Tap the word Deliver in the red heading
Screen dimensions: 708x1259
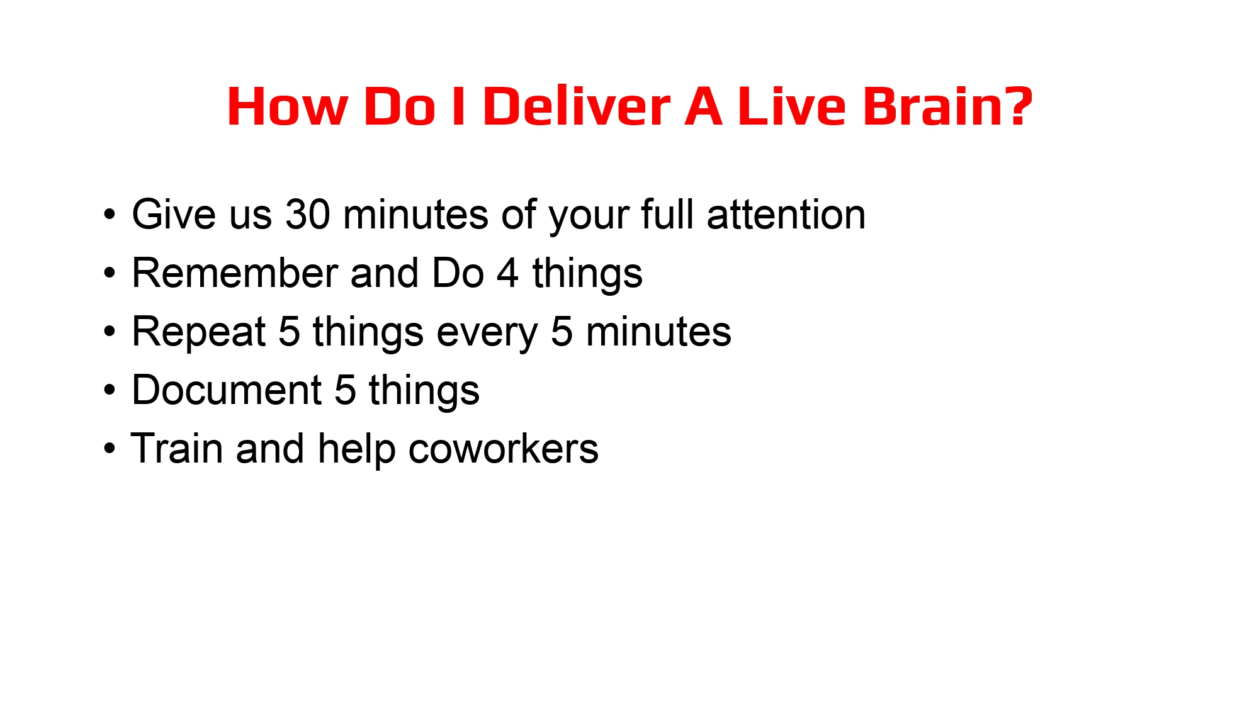tap(576, 106)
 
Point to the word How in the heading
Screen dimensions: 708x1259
tap(287, 106)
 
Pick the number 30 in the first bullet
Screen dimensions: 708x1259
tap(307, 215)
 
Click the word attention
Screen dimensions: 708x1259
tap(786, 215)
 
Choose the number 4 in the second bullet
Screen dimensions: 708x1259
tap(508, 273)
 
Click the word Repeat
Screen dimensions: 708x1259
tap(199, 332)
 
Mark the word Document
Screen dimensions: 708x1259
tap(227, 390)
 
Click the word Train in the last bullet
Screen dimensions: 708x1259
tap(177, 449)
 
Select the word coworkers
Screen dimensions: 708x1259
tap(503, 449)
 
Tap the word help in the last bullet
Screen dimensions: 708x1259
tap(356, 449)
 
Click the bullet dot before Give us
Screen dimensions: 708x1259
tap(110, 215)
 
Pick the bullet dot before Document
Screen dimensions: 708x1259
tap(110, 390)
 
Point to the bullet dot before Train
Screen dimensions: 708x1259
tap(110, 449)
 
